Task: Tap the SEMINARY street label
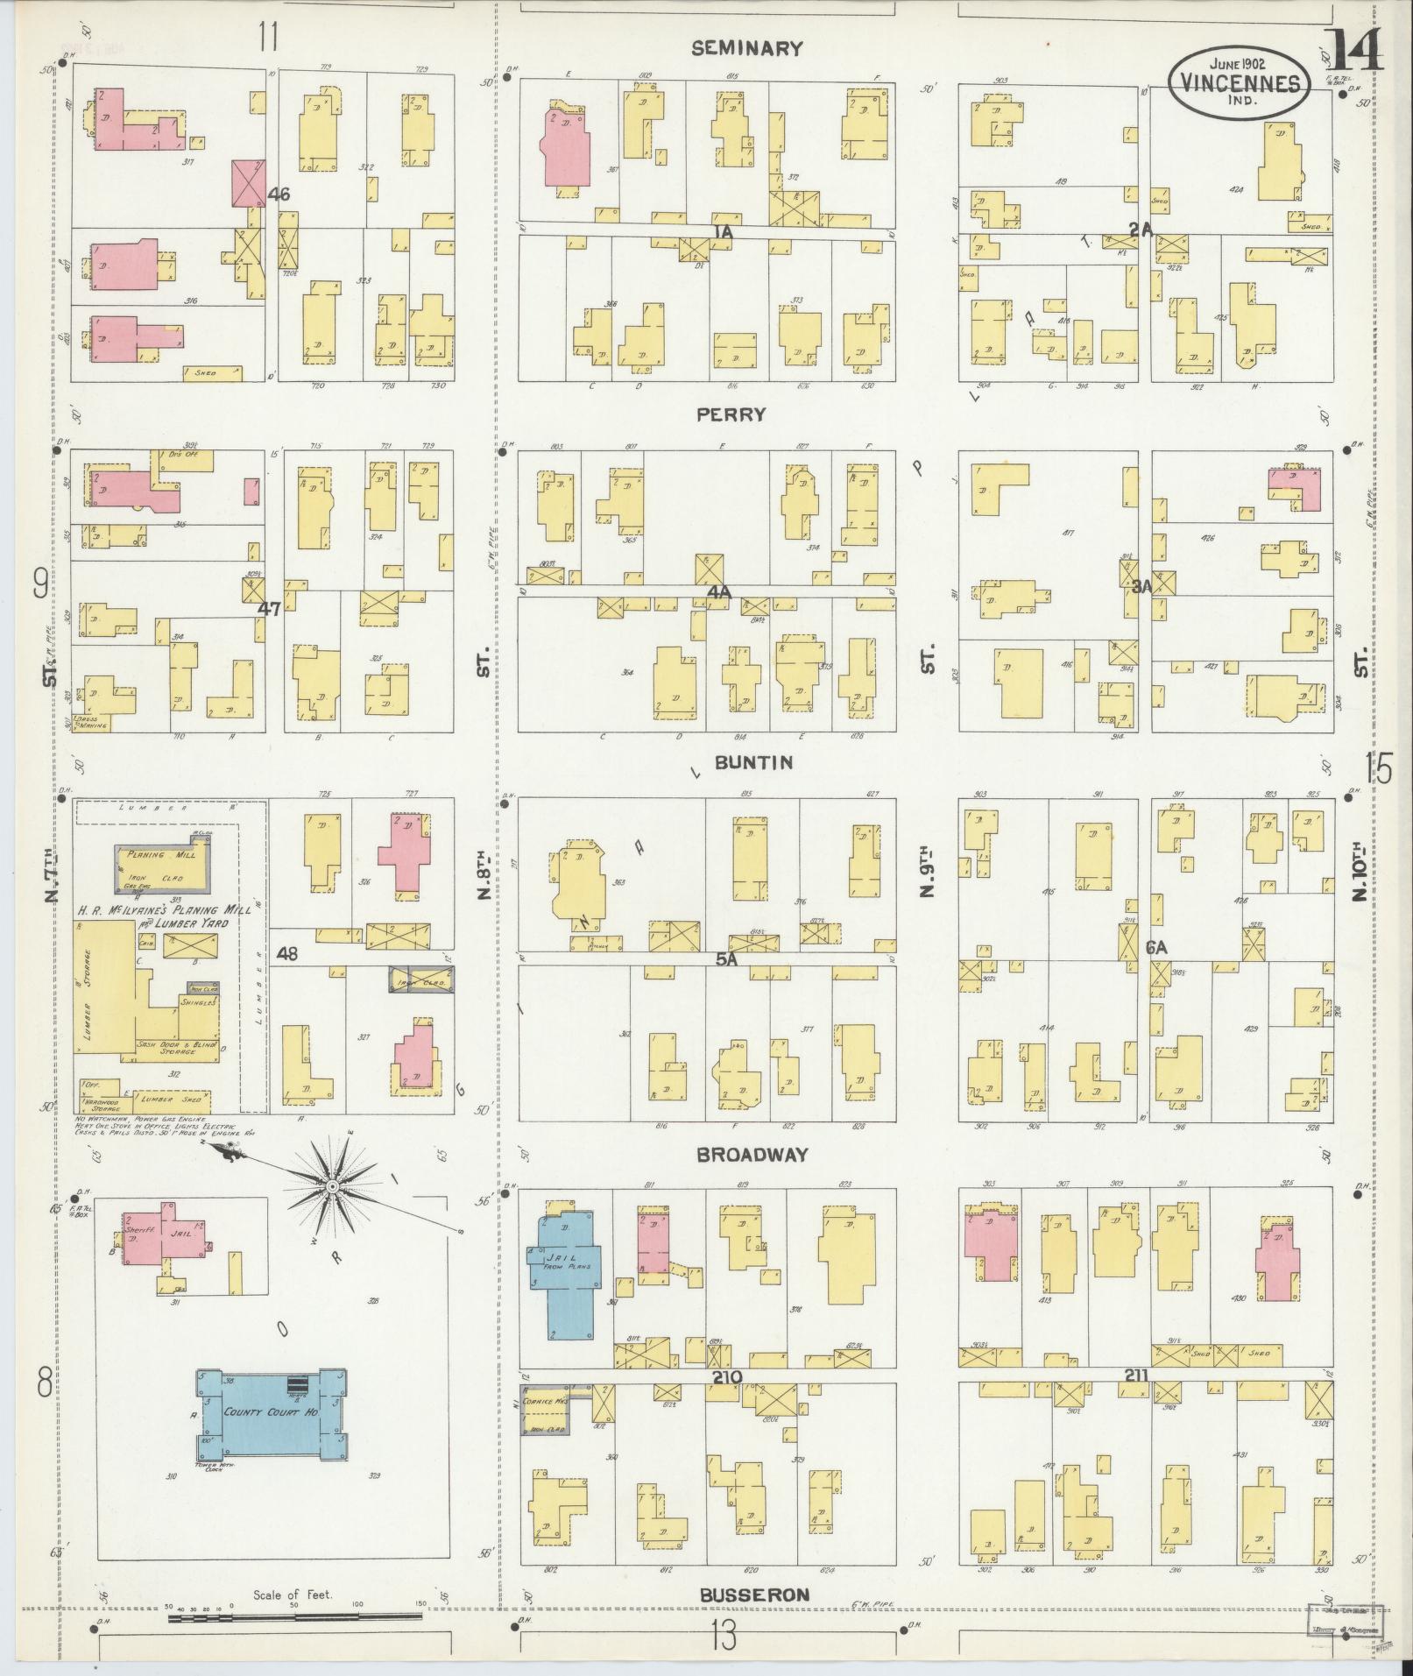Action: [746, 49]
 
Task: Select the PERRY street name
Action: [731, 414]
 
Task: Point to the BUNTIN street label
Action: [753, 762]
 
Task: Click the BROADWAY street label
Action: [751, 1155]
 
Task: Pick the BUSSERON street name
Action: [754, 1595]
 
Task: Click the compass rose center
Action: [332, 1186]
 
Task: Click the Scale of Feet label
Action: [293, 1595]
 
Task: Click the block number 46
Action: [279, 194]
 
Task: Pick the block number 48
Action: [286, 954]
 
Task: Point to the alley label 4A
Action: [719, 593]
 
